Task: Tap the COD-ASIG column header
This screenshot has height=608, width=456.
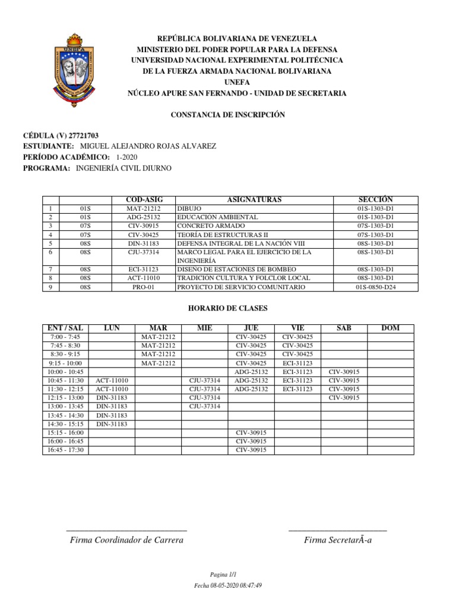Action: coord(144,200)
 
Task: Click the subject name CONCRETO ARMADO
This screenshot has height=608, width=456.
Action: coord(202,226)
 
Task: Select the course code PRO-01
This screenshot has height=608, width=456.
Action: coord(144,287)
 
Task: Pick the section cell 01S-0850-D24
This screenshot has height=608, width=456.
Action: coord(376,287)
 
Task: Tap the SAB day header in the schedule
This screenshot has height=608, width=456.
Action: coord(344,328)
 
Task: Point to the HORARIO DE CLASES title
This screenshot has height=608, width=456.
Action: coord(228,308)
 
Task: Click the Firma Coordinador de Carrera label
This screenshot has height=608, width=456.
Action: coord(126,540)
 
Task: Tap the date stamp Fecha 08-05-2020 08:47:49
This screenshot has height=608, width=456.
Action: coord(228,585)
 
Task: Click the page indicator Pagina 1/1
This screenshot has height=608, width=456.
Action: coord(223,575)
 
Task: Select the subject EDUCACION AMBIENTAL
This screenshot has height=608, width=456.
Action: coord(217,217)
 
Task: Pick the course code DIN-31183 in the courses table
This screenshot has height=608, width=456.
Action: coord(144,243)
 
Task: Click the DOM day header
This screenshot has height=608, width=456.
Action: coord(390,328)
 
